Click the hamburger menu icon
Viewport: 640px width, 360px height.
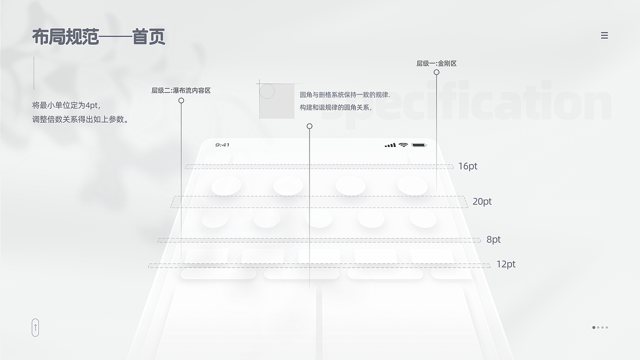point(604,35)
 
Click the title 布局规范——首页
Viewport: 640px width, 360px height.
point(98,37)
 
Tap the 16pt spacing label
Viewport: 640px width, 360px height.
point(467,166)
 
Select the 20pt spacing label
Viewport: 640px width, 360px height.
point(482,201)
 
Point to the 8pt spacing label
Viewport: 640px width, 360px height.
point(493,239)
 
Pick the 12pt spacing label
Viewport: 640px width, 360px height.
point(505,264)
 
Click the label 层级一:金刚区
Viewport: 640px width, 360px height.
point(436,63)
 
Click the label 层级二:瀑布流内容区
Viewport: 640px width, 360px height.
point(181,90)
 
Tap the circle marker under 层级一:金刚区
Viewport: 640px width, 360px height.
point(436,72)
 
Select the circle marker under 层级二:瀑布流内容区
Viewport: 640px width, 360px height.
point(181,100)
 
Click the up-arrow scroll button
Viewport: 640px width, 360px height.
point(35,327)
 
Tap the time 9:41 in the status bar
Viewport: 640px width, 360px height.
point(222,145)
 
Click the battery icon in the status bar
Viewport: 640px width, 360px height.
point(419,145)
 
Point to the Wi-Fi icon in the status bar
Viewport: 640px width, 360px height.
point(403,145)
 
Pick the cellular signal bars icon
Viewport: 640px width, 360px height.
point(390,145)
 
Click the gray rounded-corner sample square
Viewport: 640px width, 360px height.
point(276,101)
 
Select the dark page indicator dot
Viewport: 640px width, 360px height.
point(594,327)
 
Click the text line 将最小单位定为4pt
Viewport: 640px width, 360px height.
point(66,105)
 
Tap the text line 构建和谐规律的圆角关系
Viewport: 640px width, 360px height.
point(335,107)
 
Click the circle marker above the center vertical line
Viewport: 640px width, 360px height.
point(309,126)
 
